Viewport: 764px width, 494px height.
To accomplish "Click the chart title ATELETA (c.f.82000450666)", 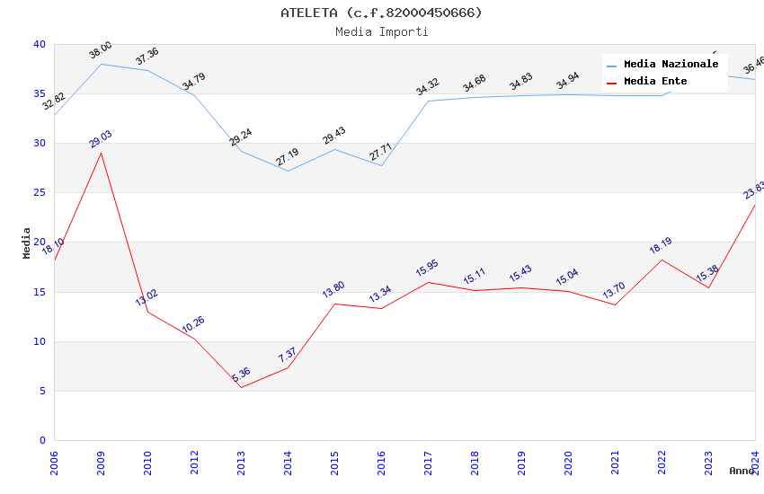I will coord(381,13).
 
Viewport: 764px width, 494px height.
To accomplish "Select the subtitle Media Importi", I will coord(381,31).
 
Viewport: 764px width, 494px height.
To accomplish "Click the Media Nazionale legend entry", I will coord(671,65).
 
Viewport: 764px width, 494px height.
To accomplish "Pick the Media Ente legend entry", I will coord(655,82).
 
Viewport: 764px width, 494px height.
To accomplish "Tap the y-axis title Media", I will coord(27,243).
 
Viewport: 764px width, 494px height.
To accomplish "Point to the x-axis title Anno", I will coord(742,471).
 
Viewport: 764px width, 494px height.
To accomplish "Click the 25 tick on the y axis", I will coord(40,193).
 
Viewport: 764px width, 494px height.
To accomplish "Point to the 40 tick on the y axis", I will coord(40,45).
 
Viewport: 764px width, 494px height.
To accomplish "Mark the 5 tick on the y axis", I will coord(42,391).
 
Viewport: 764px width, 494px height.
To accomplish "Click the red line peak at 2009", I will coord(101,153).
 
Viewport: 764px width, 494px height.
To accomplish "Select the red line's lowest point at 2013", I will coord(241,387).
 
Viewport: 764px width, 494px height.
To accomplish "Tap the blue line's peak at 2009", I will coord(101,64).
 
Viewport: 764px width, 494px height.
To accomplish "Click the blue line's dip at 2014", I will coord(288,171).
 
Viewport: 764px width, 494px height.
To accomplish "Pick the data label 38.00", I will coord(101,50).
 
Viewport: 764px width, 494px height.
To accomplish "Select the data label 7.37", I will coord(288,355).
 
